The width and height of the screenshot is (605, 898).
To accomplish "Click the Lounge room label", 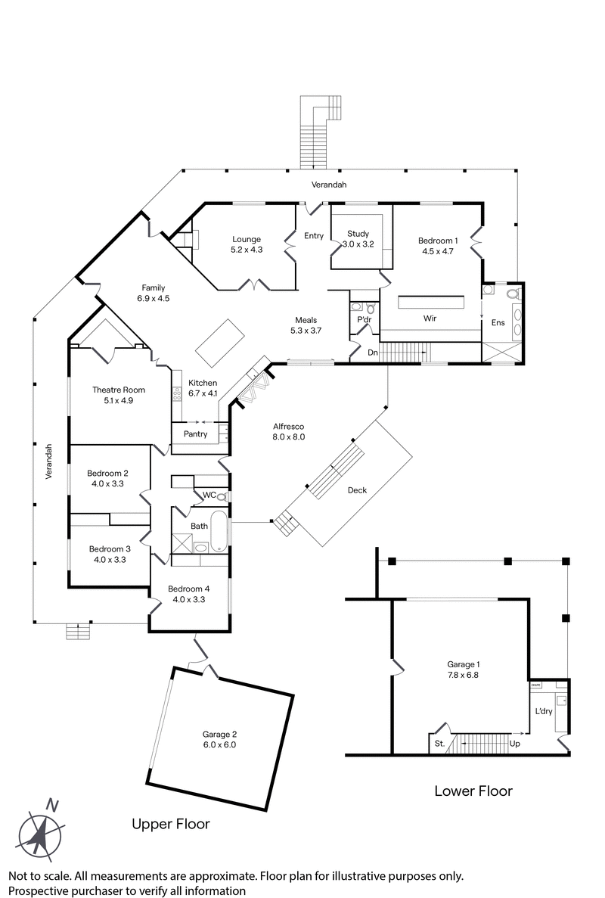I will point(247,240).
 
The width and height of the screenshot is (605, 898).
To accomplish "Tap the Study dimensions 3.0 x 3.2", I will point(358,244).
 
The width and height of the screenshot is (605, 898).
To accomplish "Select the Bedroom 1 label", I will point(438,241).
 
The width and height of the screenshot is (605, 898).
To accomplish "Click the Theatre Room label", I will point(119,390).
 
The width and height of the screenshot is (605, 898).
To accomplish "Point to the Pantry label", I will point(194,434).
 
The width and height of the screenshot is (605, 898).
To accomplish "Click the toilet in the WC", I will point(222,496).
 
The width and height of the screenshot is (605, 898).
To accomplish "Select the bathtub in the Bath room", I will point(219,531).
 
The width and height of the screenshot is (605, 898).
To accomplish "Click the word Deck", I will point(357,490).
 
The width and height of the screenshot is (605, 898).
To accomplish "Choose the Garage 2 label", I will point(219,734).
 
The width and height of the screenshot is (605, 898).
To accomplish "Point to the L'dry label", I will point(544,712).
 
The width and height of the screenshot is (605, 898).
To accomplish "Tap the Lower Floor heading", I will point(473,791).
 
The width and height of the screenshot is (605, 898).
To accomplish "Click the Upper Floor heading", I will point(171,824).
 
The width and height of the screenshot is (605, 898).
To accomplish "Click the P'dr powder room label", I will point(364,319).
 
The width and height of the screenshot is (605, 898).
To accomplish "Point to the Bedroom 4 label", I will point(189,589).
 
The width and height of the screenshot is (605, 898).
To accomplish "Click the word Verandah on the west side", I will point(48,461).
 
